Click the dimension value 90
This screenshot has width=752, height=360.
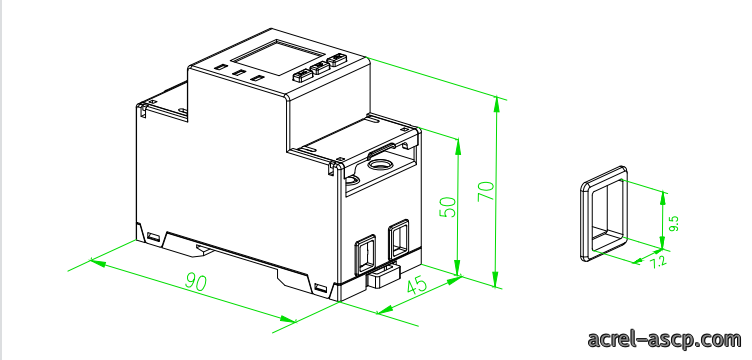(x=196, y=282)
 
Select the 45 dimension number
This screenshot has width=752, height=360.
(x=417, y=286)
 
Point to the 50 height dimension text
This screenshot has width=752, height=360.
(x=448, y=207)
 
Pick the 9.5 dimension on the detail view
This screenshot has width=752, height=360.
(x=674, y=224)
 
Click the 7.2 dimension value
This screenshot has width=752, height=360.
(x=658, y=262)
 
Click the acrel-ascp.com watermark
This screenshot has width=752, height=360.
(x=664, y=339)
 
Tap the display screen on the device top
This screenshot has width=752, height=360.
(x=277, y=58)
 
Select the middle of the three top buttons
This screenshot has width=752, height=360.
(x=319, y=68)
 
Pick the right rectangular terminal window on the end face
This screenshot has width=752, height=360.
(x=399, y=240)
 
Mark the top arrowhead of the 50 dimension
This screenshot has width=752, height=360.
(x=458, y=146)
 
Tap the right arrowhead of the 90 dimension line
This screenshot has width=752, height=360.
(x=288, y=318)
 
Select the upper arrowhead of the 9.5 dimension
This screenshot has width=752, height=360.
(x=664, y=197)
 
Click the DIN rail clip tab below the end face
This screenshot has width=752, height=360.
(x=384, y=276)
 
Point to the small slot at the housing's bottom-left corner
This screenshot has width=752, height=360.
(x=153, y=237)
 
